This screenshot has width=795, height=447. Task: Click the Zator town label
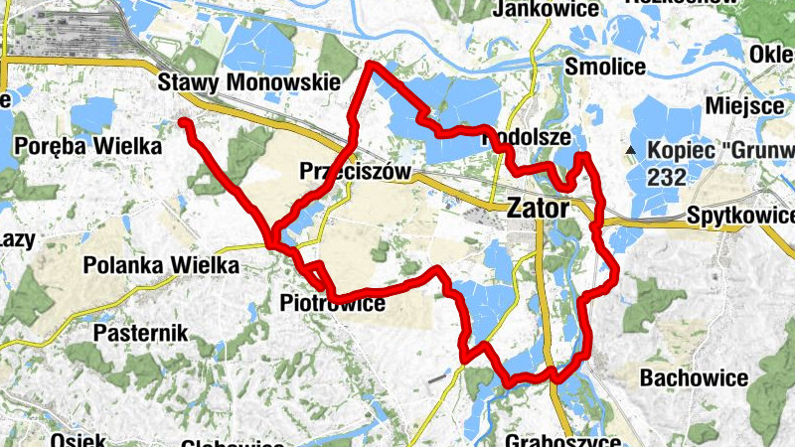pos(538,209)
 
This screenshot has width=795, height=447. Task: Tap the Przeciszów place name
pos(355,172)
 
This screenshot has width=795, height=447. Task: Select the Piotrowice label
pos(332,303)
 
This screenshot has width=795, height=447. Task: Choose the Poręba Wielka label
pos(88,146)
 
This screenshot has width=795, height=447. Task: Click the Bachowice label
pos(694,377)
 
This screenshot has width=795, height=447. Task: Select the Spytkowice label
pos(740,216)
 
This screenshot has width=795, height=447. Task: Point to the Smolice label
pos(604,67)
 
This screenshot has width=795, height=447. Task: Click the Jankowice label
pos(551,9)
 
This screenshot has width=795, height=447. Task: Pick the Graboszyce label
pos(562,440)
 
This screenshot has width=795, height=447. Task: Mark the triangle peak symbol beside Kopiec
pos(629,151)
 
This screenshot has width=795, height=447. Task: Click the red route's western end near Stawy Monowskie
pos(184,122)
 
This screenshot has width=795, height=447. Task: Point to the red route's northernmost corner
pos(370,65)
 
